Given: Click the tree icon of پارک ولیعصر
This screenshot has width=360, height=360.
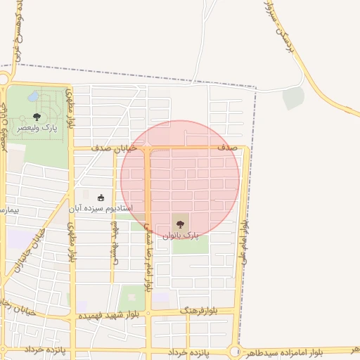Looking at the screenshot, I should tap(37, 117).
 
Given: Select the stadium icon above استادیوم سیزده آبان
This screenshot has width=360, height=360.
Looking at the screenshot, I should tap(101, 198).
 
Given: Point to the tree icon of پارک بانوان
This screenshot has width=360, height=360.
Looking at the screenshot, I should tap(180, 224).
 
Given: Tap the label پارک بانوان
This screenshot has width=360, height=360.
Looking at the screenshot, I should tap(181, 236).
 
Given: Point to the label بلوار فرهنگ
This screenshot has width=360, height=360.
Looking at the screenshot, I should tap(199, 310).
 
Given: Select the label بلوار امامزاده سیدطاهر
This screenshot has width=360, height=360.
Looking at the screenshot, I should tap(295, 351).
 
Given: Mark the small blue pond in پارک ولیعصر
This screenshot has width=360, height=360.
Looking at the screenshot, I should tap(34, 96).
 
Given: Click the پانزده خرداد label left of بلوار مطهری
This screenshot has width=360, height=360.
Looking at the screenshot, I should tap(42, 349).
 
